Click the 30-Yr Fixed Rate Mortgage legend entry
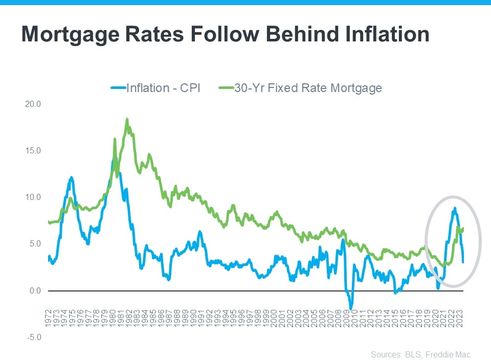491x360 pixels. pos(308,88)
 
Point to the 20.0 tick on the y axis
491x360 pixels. pos(33,104)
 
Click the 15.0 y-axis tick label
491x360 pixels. pos(33,151)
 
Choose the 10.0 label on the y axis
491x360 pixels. pos(33,197)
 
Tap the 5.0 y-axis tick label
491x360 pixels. pos(35,244)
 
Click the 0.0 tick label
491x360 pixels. pos(35,291)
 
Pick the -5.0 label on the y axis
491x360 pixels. pos(34,337)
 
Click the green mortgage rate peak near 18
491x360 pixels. pos(127,119)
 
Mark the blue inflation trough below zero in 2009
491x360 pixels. pos(351,308)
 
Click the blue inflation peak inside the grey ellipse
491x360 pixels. pos(454,208)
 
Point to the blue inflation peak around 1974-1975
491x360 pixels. pos(71,177)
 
